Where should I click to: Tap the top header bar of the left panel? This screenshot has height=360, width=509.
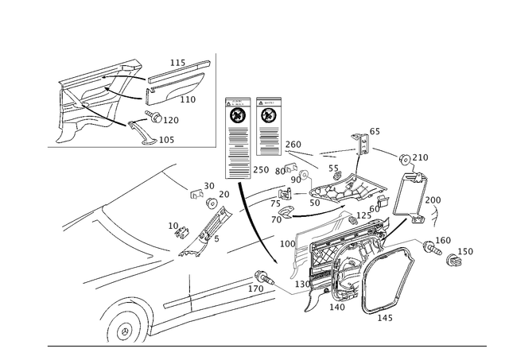click(235, 102)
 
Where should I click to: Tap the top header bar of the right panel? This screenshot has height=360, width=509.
click(269, 102)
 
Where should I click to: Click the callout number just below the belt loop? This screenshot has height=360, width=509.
click(383, 319)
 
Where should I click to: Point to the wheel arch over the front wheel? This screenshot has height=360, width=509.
click(127, 306)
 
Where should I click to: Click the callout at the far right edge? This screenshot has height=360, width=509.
click(468, 251)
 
